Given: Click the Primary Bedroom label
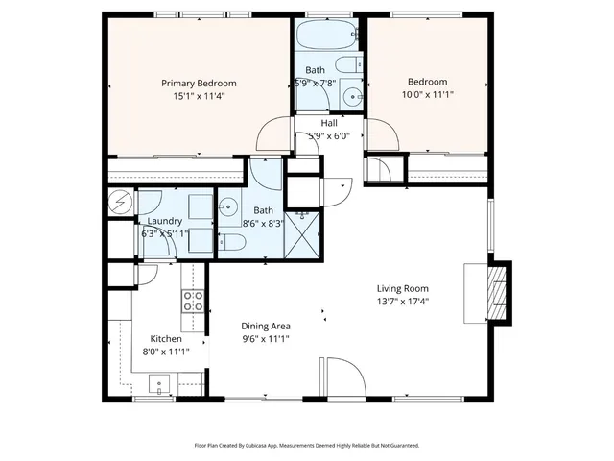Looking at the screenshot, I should [199, 84].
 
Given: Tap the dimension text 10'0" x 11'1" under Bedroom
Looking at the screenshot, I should [427, 96].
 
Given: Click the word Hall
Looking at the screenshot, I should [329, 123].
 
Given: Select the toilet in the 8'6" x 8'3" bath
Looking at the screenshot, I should [232, 245].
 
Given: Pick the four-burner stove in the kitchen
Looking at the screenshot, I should [194, 303].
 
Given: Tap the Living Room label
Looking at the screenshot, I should [402, 288].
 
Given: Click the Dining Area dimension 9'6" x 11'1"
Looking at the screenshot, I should [265, 338].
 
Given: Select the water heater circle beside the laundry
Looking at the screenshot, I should [120, 203].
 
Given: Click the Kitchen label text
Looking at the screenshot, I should [166, 338].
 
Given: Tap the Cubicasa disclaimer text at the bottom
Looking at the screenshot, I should [307, 445].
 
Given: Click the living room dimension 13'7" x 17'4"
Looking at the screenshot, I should [402, 302].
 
